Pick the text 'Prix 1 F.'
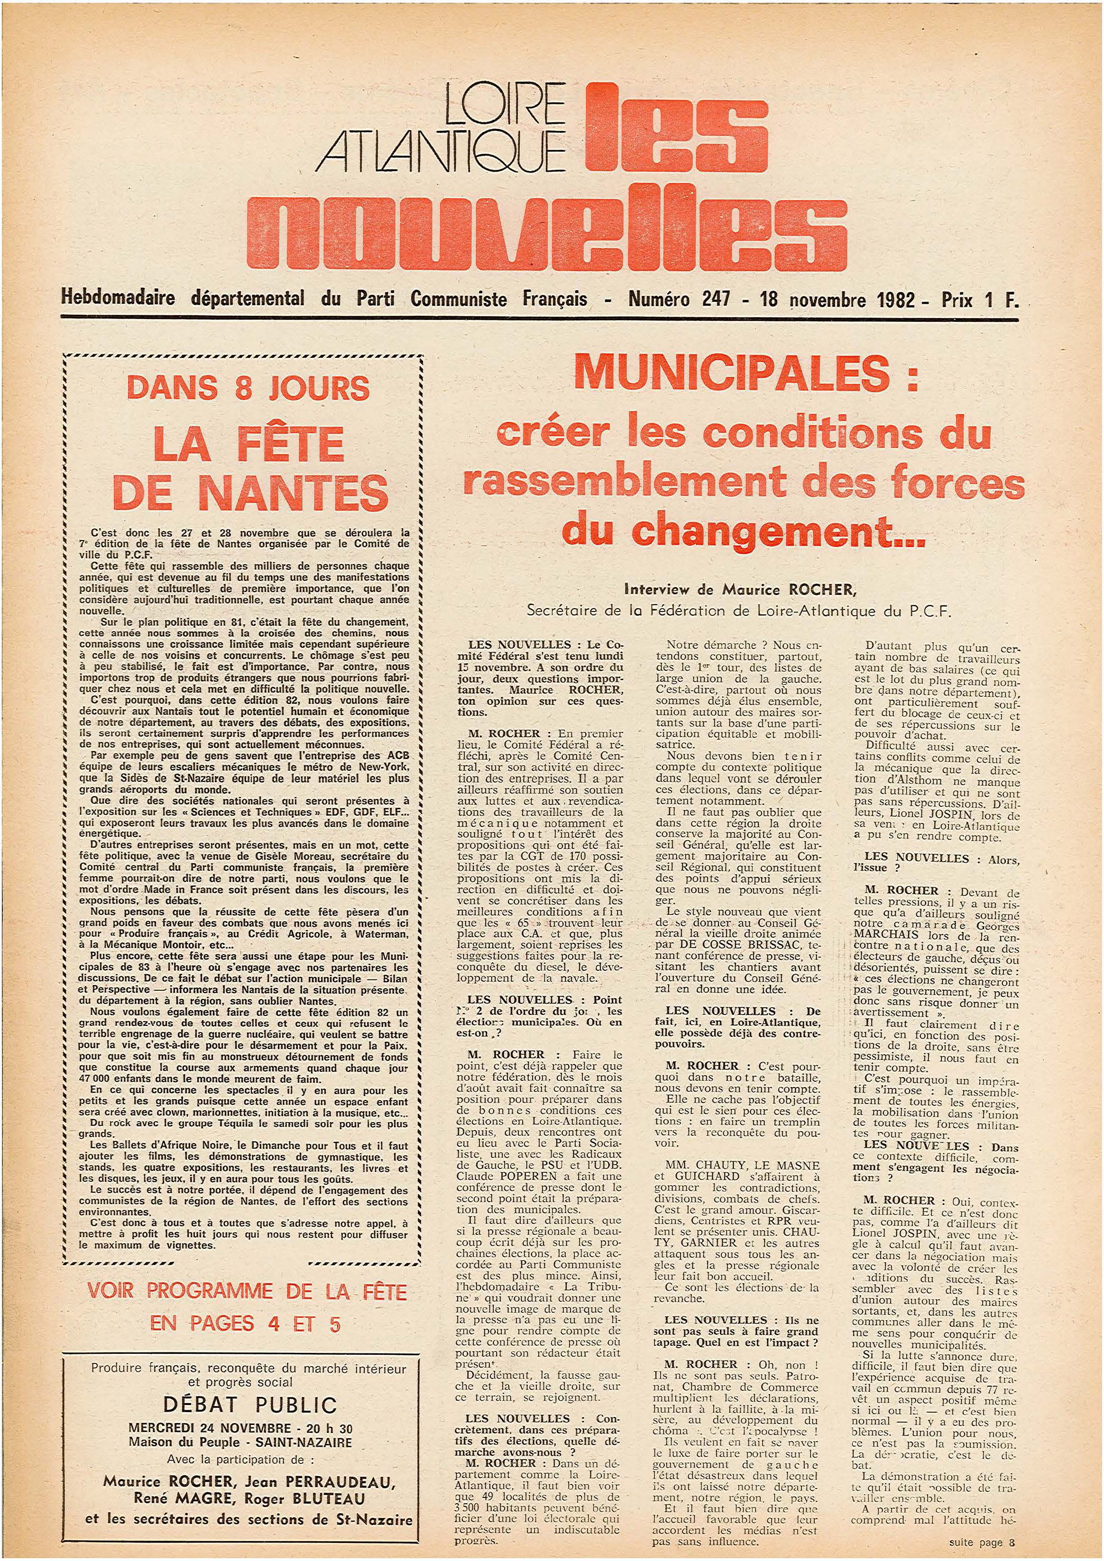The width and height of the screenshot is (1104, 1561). click(x=980, y=300)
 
